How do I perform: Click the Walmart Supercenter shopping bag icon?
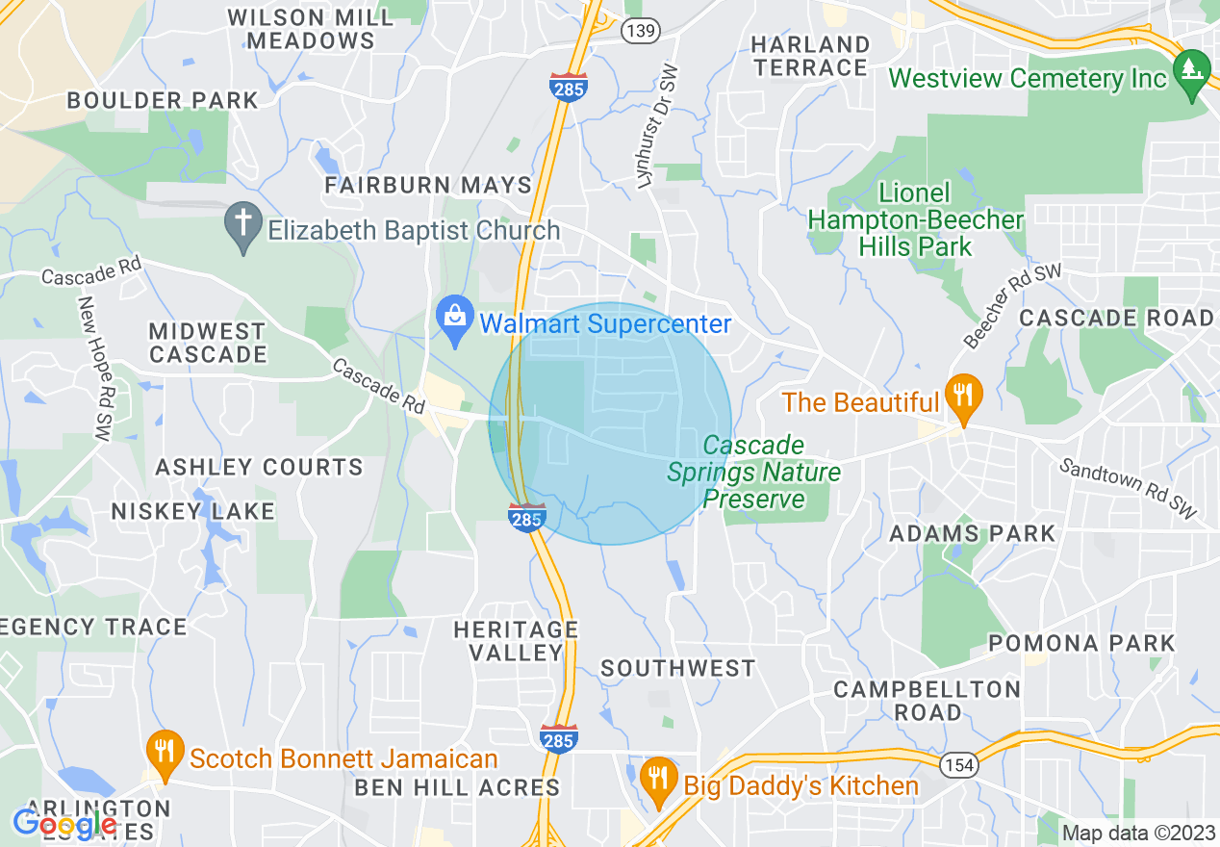point(453,314)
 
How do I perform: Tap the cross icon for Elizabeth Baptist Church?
point(242,225)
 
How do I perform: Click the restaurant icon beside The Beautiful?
point(961,396)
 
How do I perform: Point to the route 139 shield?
point(640,31)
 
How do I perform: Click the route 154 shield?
point(958,763)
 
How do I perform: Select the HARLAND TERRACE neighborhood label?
point(810,56)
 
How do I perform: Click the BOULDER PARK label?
point(163,100)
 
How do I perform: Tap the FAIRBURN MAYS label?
point(428,185)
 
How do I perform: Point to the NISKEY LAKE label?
point(192,511)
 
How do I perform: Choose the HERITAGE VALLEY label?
point(517,640)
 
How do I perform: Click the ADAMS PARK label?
point(972,533)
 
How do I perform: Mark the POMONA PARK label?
point(1081,643)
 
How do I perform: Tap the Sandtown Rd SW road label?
point(1129,488)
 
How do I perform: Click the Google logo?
point(64,824)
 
